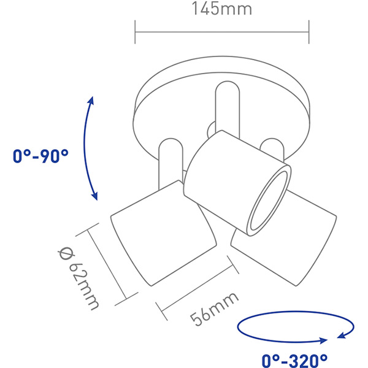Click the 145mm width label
point(221,10)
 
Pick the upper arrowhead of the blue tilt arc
point(91,100)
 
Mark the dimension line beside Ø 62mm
point(108,264)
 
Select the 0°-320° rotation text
point(294,359)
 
